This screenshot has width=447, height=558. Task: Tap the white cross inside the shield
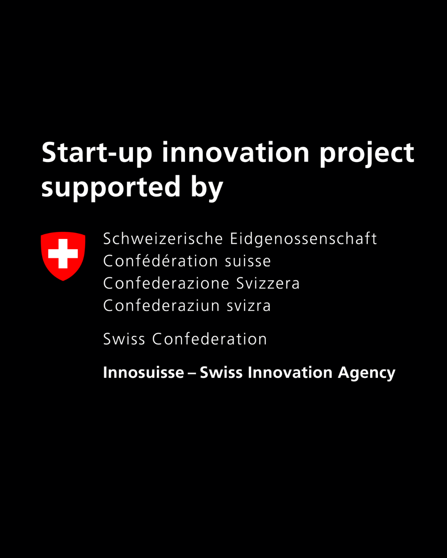pos(63,253)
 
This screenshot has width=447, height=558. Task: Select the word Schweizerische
pos(163,239)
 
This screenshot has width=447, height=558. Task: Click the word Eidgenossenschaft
pos(303,239)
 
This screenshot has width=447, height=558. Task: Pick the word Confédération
pos(161,261)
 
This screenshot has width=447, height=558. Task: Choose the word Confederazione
pos(166,284)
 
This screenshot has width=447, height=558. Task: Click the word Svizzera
pos(268,284)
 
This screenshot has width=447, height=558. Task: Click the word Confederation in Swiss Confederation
pos(209,339)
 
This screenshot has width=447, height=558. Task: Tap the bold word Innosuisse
pos(143,372)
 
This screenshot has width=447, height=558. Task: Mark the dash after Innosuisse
pos(192,373)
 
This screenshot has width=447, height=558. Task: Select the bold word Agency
pos(366,373)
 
